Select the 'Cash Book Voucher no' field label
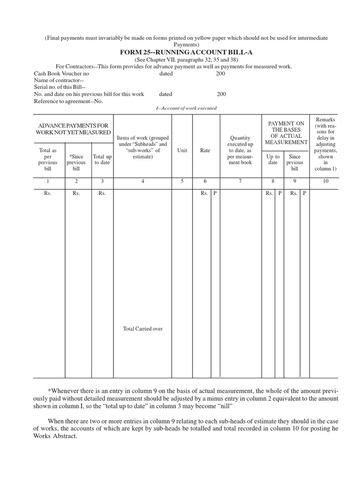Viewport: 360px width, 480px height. pyautogui.click(x=61, y=74)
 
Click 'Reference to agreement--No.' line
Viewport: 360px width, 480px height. pyautogui.click(x=68, y=101)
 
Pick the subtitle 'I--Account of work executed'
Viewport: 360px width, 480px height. pyautogui.click(x=186, y=108)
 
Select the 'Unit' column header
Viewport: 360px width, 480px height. pyautogui.click(x=182, y=150)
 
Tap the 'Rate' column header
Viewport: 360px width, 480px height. pyautogui.click(x=205, y=150)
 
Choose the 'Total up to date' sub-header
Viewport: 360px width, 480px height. pyautogui.click(x=102, y=159)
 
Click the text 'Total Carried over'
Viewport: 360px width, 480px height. pyautogui.click(x=142, y=329)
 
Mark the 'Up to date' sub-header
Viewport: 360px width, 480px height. pyautogui.click(x=273, y=159)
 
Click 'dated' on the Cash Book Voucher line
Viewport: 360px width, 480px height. pyautogui.click(x=165, y=74)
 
